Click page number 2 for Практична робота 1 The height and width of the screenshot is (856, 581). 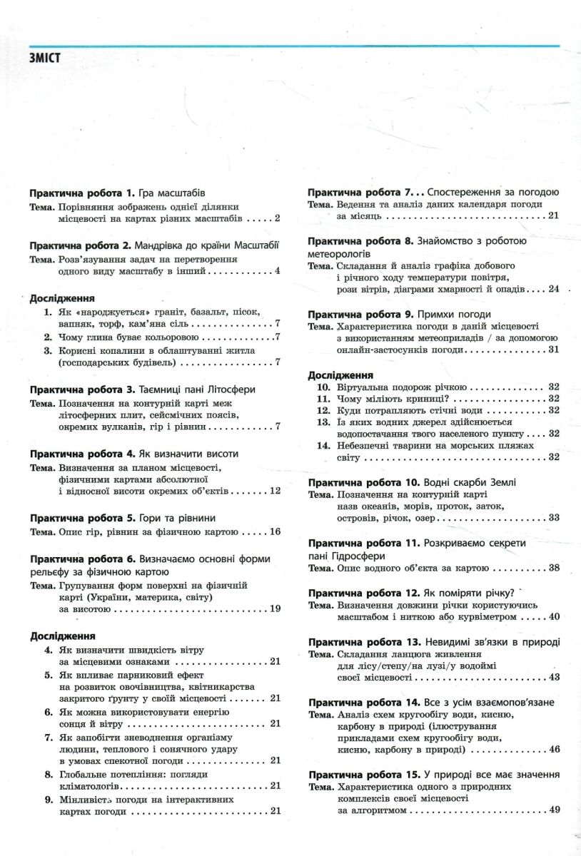pos(277,218)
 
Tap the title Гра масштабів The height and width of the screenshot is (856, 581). pos(171,193)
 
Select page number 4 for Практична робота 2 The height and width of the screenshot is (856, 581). pos(277,270)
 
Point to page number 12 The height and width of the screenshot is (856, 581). pos(275,491)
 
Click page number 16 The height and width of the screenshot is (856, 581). pos(275,531)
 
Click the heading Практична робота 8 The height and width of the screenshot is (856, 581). pos(360,240)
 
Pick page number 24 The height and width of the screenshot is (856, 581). pos(554,289)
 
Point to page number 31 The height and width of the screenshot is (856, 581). pos(554,350)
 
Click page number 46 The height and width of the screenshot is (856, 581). pos(554,749)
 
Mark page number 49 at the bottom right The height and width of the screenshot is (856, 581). pos(554,809)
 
